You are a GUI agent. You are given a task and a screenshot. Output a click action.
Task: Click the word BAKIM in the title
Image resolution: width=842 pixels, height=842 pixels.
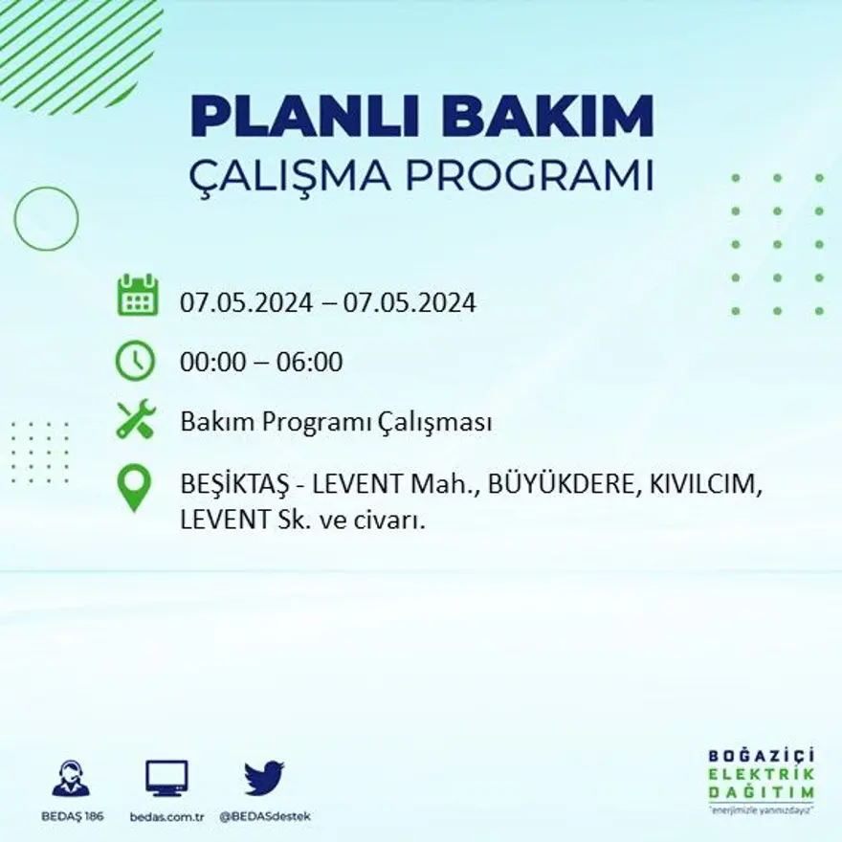[548, 118]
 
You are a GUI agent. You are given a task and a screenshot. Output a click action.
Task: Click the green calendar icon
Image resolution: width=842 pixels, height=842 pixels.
[137, 296]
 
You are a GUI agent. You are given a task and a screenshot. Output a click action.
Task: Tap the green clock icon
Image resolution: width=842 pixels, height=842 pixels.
[135, 361]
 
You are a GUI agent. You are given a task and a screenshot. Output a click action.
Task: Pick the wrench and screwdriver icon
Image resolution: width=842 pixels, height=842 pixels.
[135, 420]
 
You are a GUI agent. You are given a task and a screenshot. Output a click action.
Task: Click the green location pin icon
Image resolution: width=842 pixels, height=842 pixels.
[134, 487]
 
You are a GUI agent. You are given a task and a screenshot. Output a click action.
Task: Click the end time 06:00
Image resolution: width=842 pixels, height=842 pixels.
[309, 363]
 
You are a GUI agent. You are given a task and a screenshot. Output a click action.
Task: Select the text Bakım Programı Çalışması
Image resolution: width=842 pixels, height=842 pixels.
[336, 422]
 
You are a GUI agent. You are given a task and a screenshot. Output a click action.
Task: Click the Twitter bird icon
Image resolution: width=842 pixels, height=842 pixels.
[263, 778]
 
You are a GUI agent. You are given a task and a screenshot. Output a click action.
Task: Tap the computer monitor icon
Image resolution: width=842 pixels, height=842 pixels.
[166, 778]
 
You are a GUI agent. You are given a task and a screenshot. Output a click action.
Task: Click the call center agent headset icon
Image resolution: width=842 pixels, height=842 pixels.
[71, 778]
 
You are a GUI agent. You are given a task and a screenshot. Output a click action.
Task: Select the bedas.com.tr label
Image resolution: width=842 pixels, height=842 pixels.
[167, 816]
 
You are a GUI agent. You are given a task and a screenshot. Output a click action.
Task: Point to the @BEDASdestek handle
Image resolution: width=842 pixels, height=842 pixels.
[265, 816]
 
